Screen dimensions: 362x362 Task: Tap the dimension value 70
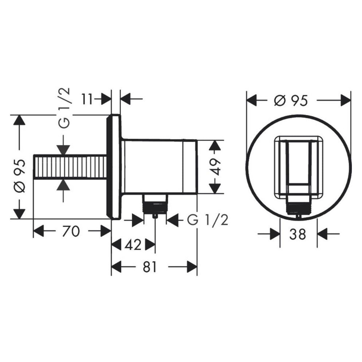[71, 231]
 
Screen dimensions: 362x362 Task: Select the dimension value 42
[133, 245]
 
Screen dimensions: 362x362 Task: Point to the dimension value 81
[149, 267]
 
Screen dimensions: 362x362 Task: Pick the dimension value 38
[298, 234]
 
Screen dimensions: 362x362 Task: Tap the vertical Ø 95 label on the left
[19, 176]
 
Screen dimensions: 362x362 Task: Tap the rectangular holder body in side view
[158, 166]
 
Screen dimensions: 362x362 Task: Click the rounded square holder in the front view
[299, 168]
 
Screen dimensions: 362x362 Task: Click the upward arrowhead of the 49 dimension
[215, 145]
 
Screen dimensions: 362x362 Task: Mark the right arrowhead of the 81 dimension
[192, 267]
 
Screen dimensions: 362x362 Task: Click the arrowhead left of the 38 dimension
[274, 234]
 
